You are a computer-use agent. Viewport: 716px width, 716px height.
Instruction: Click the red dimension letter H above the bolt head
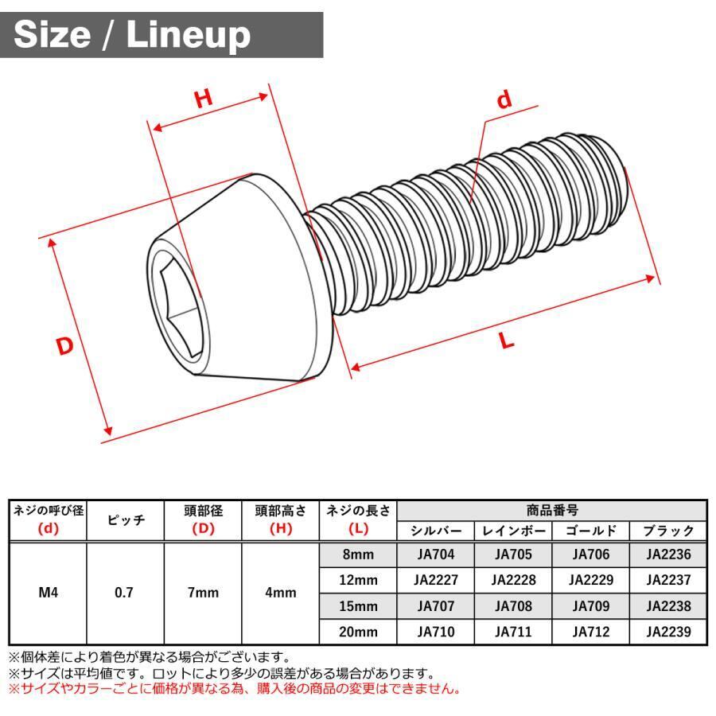pyautogui.click(x=204, y=99)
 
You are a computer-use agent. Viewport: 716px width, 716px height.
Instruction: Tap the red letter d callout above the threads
pyautogui.click(x=504, y=100)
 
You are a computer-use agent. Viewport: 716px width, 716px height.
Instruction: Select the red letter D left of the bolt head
pyautogui.click(x=65, y=347)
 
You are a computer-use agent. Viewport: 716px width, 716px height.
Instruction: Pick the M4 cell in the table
pyautogui.click(x=47, y=592)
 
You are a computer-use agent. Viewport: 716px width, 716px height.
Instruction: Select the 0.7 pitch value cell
pyautogui.click(x=125, y=592)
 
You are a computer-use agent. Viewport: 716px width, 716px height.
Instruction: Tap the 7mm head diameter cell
pyautogui.click(x=203, y=592)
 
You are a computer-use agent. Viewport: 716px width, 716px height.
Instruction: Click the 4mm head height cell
pyautogui.click(x=280, y=592)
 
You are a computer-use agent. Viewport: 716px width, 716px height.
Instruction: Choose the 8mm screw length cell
pyautogui.click(x=357, y=555)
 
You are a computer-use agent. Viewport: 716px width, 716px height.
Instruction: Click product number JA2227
pyautogui.click(x=436, y=580)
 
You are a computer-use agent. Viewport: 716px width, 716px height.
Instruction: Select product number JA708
pyautogui.click(x=513, y=606)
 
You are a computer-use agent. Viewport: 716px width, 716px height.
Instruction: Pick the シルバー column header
pyautogui.click(x=436, y=531)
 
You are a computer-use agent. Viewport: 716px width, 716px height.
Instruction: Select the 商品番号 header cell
pyautogui.click(x=552, y=511)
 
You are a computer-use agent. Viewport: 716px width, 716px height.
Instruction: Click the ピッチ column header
pyautogui.click(x=125, y=520)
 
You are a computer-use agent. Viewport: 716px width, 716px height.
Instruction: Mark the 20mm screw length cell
pyautogui.click(x=357, y=632)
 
